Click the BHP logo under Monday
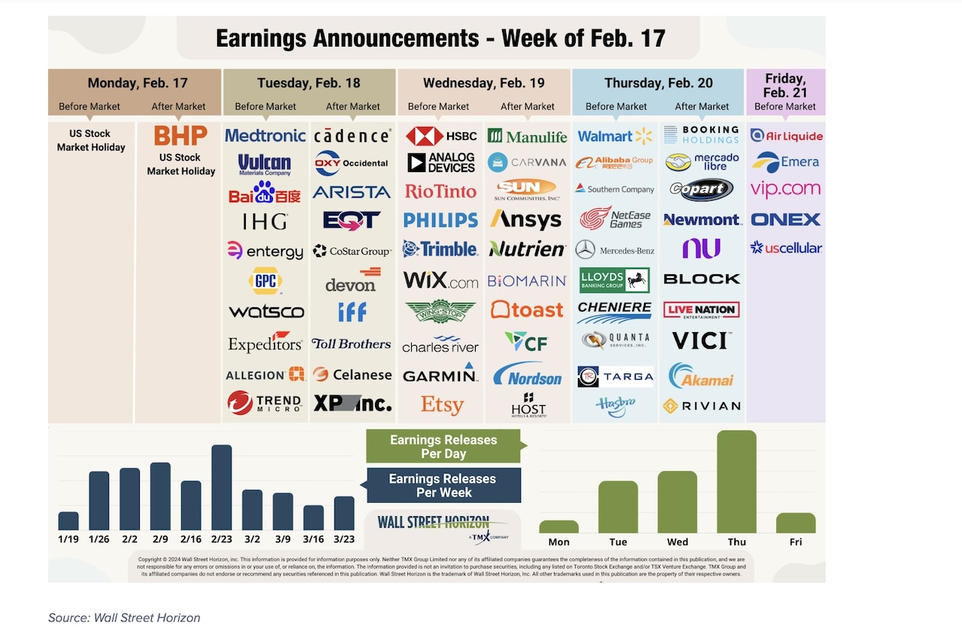tap(180, 136)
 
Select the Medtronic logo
tap(265, 136)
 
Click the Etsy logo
tap(441, 406)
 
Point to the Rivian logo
tap(702, 406)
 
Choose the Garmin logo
tap(440, 374)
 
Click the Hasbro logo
tap(616, 406)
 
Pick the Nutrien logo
tap(527, 249)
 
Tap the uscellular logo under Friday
tap(786, 247)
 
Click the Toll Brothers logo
tap(351, 343)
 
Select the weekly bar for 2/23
tap(221, 488)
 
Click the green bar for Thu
tap(737, 482)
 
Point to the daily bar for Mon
tap(559, 526)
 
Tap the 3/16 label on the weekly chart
tap(313, 539)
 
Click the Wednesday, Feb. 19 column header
tap(483, 83)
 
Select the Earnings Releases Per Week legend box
tap(443, 485)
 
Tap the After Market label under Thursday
tap(702, 106)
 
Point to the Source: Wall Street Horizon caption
tap(124, 618)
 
